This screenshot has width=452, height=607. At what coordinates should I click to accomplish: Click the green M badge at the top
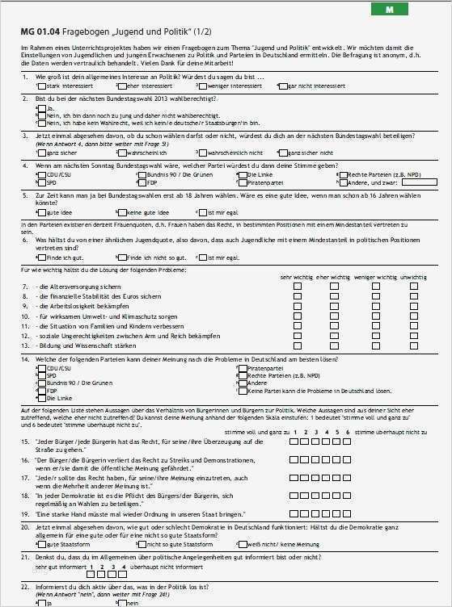click(390, 10)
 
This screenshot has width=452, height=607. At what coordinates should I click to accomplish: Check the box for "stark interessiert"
click(42, 85)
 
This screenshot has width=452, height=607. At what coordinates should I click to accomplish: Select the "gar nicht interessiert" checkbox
click(282, 85)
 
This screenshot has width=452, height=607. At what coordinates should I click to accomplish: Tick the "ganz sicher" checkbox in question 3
click(42, 152)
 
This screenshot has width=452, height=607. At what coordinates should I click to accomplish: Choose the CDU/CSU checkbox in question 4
click(42, 174)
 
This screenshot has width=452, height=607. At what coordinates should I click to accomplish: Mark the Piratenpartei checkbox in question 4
click(242, 182)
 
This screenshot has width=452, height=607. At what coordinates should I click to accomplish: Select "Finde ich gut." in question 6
click(42, 257)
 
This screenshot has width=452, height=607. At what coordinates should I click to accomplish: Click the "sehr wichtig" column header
click(297, 277)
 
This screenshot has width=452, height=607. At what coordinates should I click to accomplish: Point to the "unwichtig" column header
click(413, 277)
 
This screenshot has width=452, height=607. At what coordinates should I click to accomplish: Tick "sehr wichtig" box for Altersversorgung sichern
click(298, 287)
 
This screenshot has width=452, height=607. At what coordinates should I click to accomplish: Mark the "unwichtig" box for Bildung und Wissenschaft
click(413, 345)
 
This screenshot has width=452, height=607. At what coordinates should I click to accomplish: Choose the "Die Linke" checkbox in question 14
click(42, 398)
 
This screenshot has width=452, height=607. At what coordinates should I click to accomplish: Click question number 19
click(26, 513)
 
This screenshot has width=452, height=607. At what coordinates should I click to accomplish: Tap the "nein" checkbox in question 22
click(122, 602)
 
